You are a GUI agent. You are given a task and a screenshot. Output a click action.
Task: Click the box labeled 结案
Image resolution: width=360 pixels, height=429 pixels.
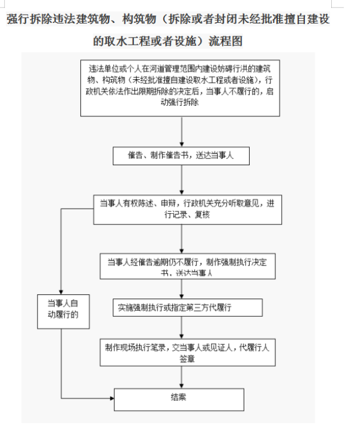[179, 398]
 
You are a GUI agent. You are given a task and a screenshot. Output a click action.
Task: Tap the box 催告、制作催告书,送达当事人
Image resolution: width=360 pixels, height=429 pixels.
[181, 156]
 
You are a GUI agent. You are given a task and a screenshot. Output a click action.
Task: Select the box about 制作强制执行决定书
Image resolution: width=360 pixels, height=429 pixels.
[187, 266]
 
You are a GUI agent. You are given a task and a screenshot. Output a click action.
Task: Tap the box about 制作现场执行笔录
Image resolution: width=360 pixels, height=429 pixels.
[187, 352]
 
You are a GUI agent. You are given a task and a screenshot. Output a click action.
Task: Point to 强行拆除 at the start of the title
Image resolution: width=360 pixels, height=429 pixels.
[28, 19]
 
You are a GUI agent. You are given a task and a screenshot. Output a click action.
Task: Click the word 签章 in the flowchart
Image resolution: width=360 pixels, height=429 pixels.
[187, 358]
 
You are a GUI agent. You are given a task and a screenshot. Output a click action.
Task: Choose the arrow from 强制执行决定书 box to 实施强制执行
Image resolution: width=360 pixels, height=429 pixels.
[181, 289]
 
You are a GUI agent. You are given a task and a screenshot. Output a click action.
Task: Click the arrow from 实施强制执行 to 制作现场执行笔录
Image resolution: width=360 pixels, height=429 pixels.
[181, 327]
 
